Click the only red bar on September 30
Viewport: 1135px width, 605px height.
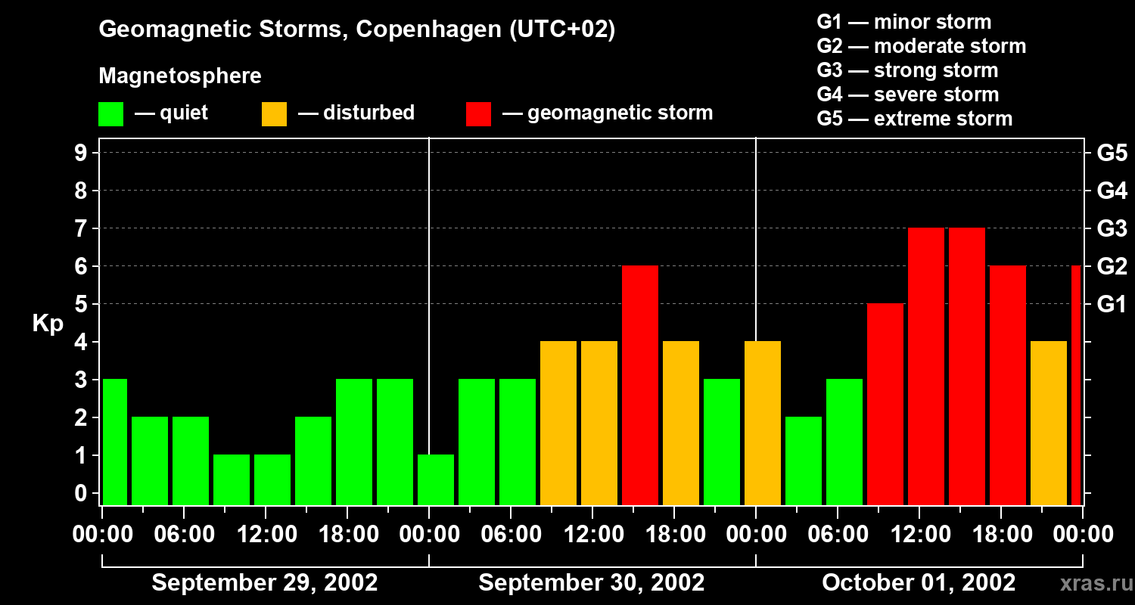640,386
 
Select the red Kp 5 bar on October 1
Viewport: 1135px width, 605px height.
885,405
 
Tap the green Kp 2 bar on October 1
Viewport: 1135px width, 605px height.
804,461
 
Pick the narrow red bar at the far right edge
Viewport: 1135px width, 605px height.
1076,386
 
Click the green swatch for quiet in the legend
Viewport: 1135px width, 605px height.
110,114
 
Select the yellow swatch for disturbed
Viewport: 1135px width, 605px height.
274,114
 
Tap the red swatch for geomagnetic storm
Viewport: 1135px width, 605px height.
478,114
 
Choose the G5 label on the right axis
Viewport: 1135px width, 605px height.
1112,153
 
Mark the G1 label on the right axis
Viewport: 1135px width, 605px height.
1112,305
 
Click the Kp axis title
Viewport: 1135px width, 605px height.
48,323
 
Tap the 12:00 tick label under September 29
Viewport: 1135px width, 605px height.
267,535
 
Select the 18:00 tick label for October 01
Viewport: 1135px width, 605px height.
1001,535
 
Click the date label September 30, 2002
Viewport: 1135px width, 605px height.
592,582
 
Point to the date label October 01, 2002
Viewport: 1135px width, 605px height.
919,582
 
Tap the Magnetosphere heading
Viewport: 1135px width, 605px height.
180,76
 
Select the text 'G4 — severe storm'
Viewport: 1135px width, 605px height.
908,95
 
